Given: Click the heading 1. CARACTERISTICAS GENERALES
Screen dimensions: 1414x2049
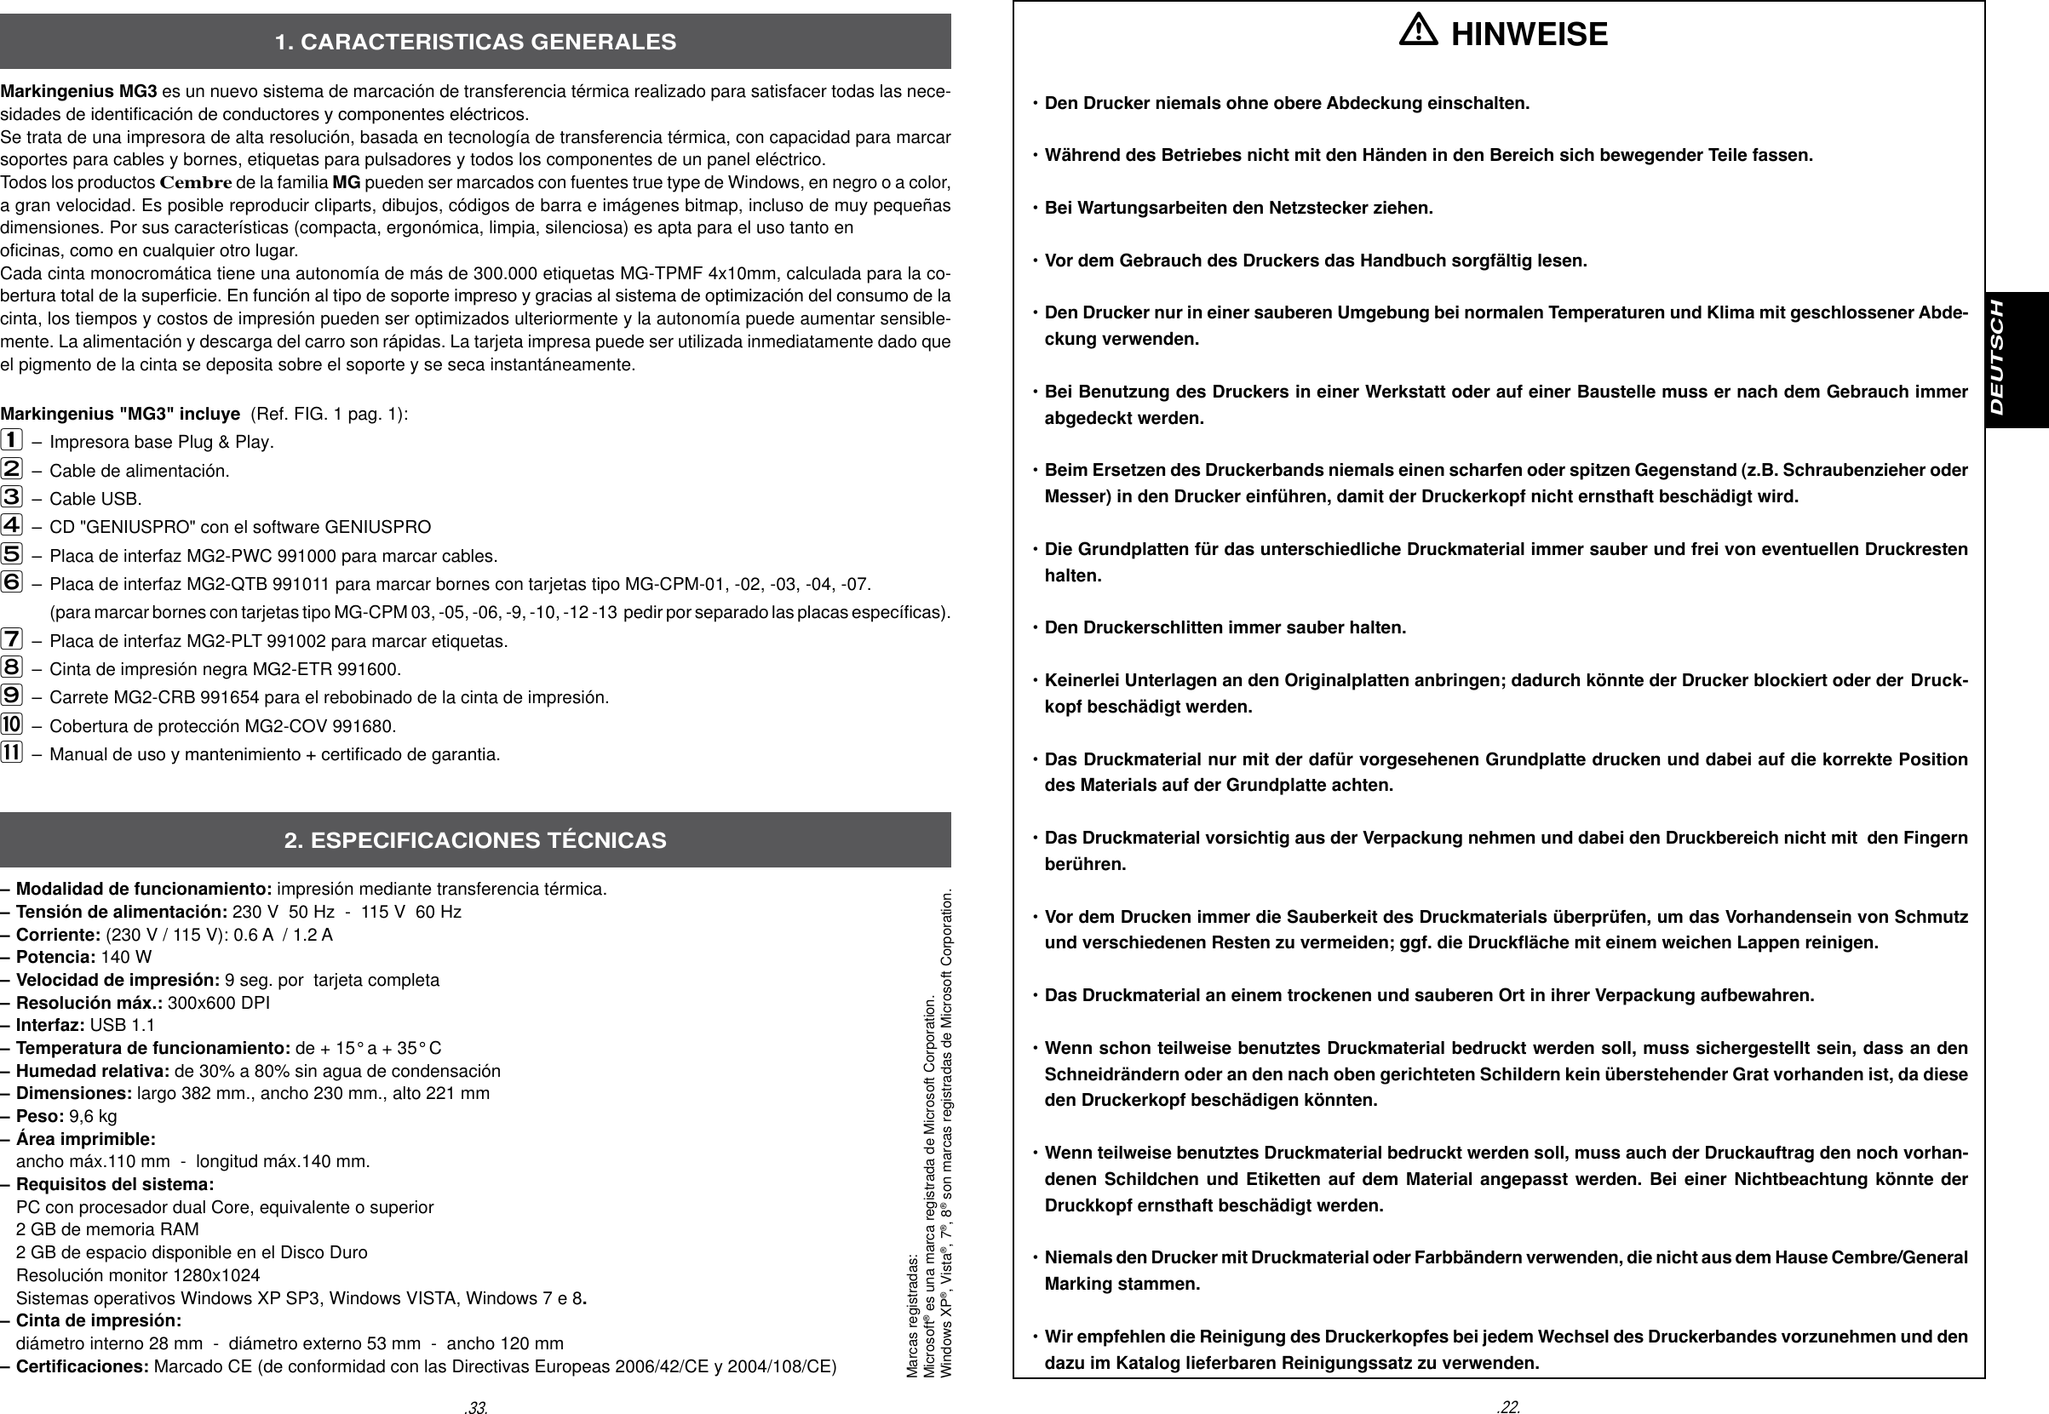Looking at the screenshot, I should point(475,42).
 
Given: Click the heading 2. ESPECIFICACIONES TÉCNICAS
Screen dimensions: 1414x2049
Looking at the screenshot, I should point(475,840).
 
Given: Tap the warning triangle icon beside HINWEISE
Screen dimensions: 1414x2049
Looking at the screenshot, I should point(1418,34).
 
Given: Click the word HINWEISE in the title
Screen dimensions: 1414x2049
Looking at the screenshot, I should point(1529,35).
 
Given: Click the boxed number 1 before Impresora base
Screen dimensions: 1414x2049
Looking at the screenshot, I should point(12,439).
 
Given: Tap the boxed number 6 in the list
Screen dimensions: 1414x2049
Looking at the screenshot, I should point(12,582).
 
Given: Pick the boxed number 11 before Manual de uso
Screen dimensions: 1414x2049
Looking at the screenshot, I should point(12,753).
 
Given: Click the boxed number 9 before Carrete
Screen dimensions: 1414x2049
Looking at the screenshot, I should point(12,696).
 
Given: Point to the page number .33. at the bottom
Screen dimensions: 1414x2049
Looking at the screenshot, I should point(477,1406).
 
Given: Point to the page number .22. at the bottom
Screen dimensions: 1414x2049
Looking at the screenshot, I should point(1507,1406).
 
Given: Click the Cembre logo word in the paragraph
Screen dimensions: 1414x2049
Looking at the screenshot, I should point(196,183).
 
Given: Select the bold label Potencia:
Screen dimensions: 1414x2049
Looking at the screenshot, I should point(56,957).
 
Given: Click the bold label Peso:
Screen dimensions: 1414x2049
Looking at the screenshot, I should point(40,1116).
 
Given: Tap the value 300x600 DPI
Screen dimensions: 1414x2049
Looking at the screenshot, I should point(219,1003).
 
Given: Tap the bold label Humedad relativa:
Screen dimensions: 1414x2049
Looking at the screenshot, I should point(93,1071).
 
